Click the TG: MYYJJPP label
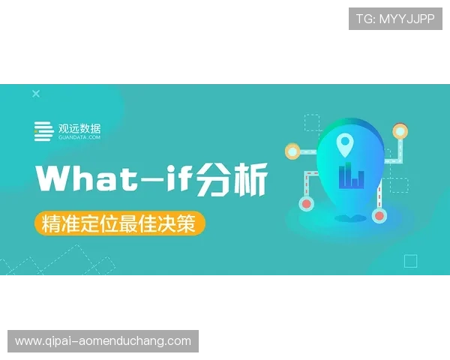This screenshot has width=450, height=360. click(395, 19)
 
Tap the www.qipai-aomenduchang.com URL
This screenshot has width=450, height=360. click(103, 341)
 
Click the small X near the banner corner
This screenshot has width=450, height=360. click(35, 94)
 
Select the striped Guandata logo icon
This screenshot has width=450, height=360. click(43, 131)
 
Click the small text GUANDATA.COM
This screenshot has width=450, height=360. click(79, 138)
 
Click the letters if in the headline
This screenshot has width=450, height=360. click(175, 180)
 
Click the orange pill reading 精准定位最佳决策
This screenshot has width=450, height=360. click(119, 223)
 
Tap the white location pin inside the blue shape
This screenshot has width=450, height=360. click(344, 141)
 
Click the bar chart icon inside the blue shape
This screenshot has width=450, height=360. click(350, 177)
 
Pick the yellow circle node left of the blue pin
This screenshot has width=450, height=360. click(292, 151)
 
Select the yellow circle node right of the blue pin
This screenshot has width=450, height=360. click(400, 132)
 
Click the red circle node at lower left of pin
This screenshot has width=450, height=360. click(306, 202)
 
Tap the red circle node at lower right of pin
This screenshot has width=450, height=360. click(379, 216)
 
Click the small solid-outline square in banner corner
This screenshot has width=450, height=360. click(410, 261)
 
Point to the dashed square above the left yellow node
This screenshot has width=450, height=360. click(312, 123)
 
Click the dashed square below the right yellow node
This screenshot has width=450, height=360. click(399, 184)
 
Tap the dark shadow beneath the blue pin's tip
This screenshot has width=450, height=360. click(346, 219)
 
